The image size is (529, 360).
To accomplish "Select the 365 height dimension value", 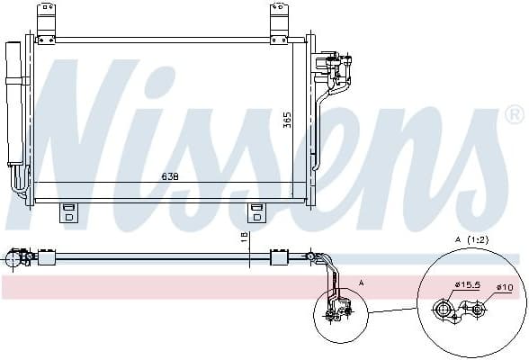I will point(288,120).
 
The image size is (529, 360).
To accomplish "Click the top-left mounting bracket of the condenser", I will point(45,22).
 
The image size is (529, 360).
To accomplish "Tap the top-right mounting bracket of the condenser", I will point(280,22).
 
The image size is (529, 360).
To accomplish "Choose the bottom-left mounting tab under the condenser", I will point(68,212).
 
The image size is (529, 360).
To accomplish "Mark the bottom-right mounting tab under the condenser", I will point(257,212).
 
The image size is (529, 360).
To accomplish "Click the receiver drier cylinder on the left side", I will point(13,103).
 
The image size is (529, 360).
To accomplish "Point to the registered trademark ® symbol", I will point(514,115).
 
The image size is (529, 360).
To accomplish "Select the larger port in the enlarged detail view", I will point(444,310).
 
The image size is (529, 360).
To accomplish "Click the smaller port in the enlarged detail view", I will point(478,310).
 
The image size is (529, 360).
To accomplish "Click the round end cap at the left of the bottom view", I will point(13,259).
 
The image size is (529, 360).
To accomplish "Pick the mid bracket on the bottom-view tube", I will point(279,259).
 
